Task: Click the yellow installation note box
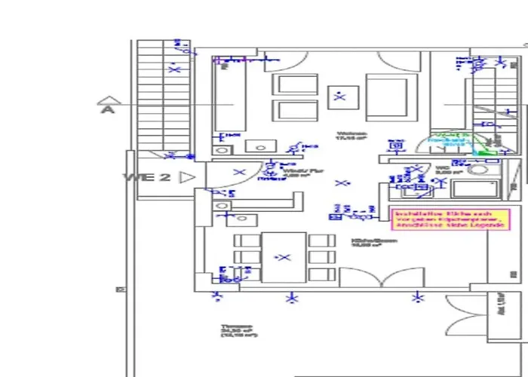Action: pyautogui.click(x=450, y=219)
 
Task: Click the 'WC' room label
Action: pyautogui.click(x=442, y=170)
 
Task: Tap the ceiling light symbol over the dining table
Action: pyautogui.click(x=284, y=257)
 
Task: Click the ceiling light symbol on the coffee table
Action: pyautogui.click(x=341, y=96)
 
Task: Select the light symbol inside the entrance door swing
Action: pyautogui.click(x=240, y=173)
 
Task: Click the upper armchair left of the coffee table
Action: pyautogui.click(x=294, y=84)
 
